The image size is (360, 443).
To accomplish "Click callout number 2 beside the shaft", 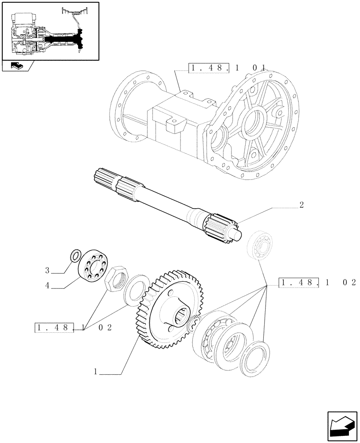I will point(301,205).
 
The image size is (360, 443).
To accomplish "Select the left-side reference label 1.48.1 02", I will point(74,328).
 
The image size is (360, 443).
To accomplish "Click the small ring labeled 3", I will point(75,256).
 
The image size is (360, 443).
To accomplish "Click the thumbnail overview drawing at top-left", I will point(50,31).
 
